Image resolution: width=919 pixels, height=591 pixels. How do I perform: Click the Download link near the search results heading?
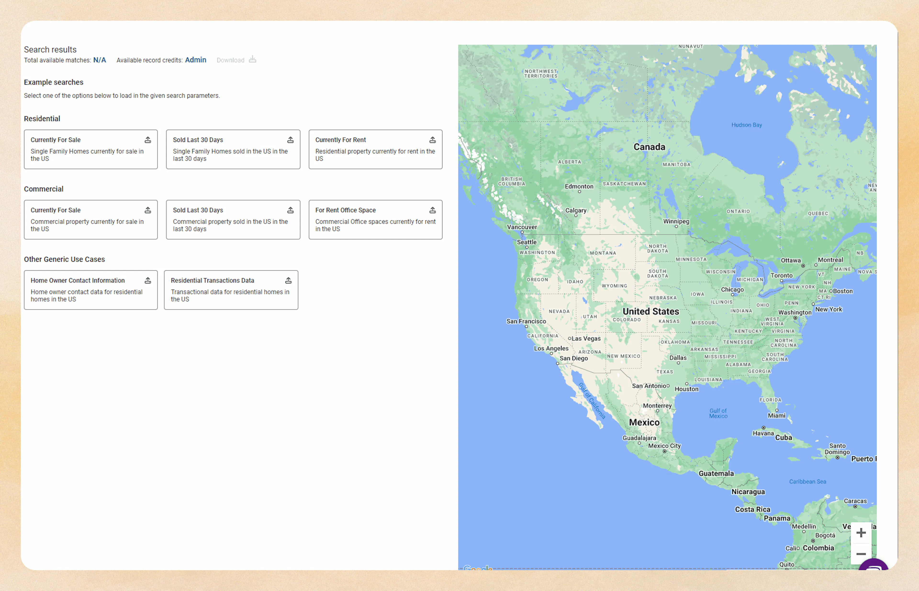click(x=231, y=60)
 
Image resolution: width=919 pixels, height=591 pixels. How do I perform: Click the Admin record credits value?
click(x=195, y=60)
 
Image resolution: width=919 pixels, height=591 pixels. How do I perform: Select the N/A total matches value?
click(x=99, y=60)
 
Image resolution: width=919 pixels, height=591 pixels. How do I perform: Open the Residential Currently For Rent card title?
click(x=340, y=140)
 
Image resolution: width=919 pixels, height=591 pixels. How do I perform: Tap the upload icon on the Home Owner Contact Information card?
click(x=148, y=281)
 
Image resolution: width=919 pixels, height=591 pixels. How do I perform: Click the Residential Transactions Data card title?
click(x=212, y=281)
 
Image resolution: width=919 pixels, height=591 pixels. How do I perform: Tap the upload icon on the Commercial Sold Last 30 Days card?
click(x=291, y=210)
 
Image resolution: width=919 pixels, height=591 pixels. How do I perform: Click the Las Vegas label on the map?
click(x=586, y=338)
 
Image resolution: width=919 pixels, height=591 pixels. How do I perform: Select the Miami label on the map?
click(x=776, y=415)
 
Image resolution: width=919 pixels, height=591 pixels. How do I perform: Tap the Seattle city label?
click(x=527, y=242)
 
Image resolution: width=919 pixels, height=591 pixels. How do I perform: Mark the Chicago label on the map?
click(x=732, y=289)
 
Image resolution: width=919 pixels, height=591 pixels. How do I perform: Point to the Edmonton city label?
click(x=579, y=186)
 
